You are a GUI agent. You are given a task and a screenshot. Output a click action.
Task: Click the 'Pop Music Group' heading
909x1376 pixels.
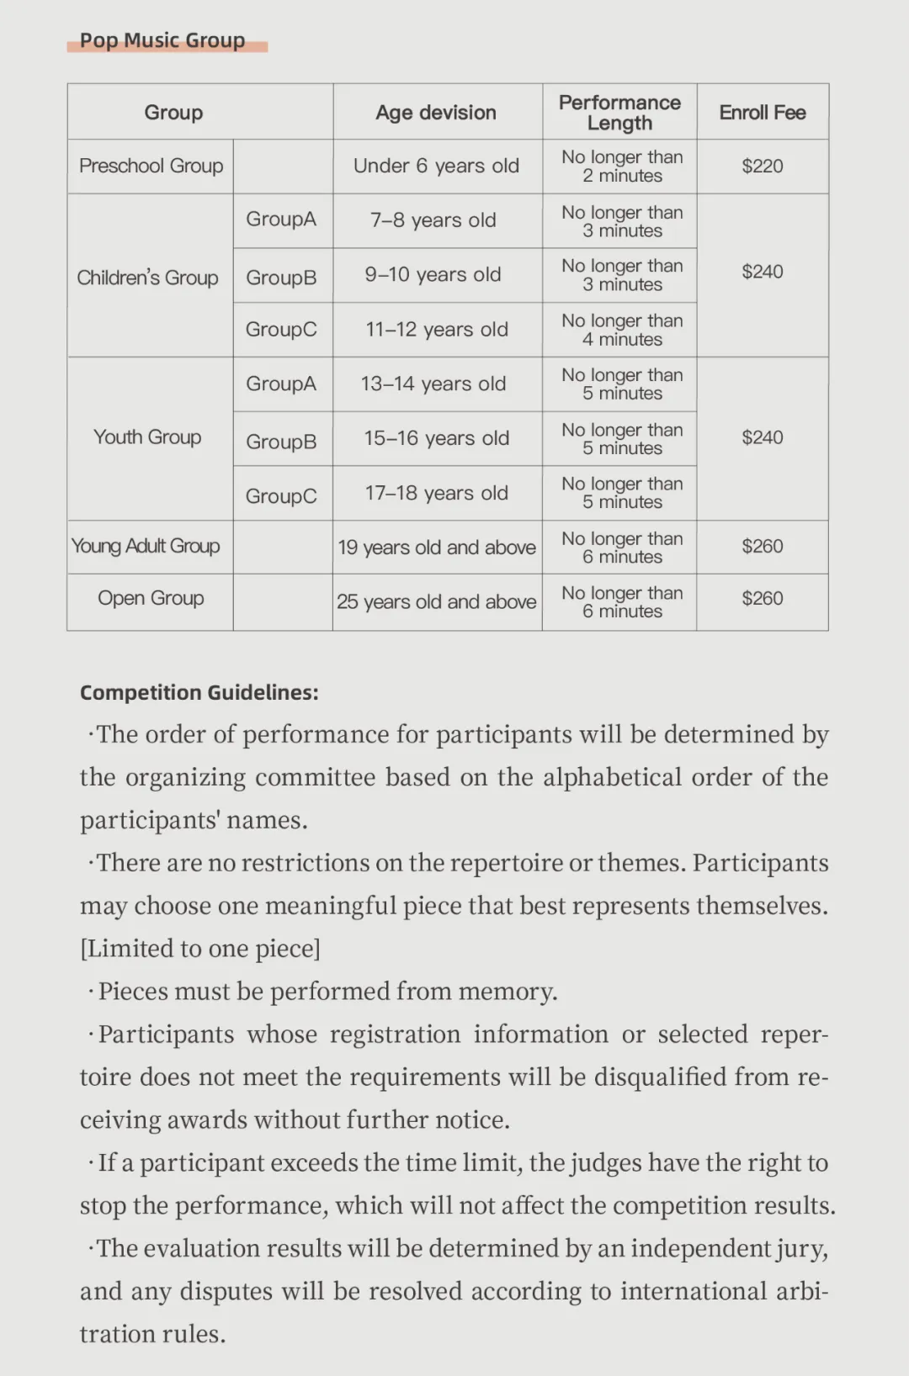(162, 40)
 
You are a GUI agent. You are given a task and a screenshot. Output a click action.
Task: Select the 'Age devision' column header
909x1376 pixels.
(436, 113)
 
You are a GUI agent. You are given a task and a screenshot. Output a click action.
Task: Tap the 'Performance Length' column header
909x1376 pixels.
(619, 113)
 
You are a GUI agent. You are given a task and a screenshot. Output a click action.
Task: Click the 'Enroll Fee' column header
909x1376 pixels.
(763, 113)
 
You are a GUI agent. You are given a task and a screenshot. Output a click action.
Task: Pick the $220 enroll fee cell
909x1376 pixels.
(763, 167)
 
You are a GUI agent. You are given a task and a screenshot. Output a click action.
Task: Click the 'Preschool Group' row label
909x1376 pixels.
(151, 167)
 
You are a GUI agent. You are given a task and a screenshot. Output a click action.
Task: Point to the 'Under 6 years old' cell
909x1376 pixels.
(436, 167)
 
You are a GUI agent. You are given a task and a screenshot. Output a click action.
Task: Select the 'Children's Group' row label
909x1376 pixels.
(147, 278)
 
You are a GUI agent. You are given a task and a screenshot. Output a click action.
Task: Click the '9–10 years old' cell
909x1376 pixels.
(433, 275)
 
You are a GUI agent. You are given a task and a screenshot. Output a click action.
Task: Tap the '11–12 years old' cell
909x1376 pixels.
(436, 330)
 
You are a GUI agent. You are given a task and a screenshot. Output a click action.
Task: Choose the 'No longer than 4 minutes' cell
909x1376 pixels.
(622, 330)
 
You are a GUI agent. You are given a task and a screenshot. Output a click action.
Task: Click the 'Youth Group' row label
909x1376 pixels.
(147, 437)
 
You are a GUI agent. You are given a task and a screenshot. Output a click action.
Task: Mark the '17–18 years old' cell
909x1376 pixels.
(436, 493)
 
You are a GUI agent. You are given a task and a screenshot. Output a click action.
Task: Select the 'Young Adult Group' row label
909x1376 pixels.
(146, 547)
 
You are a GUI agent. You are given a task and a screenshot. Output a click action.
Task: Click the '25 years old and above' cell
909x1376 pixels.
(436, 602)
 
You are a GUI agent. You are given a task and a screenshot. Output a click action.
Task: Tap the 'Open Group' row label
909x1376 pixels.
(151, 599)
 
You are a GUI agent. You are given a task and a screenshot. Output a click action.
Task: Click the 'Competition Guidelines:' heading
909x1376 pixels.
(199, 692)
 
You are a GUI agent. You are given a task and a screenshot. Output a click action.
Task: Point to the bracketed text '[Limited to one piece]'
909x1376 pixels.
(200, 949)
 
